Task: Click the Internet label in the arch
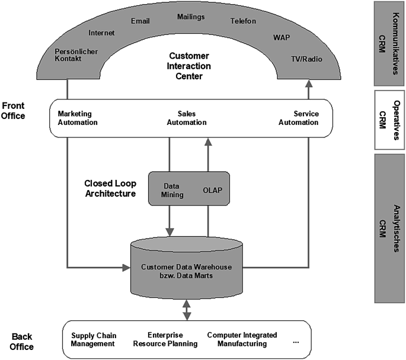[101, 33]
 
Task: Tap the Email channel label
[140, 21]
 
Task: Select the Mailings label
[191, 18]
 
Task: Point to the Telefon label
[243, 21]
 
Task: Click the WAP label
[282, 37]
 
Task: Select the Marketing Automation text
[78, 118]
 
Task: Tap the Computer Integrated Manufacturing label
[237, 339]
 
